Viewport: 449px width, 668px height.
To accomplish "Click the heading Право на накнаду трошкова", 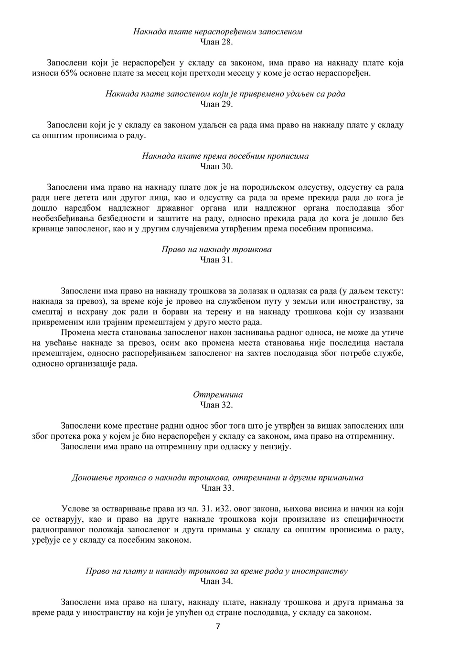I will pos(217,249).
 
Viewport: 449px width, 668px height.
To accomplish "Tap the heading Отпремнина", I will pos(218,395).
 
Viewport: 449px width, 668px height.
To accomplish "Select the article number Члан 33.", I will pos(218,488).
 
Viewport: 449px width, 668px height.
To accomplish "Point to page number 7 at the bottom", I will pos(218,627).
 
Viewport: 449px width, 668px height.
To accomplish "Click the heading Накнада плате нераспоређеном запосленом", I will pos(218,32).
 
